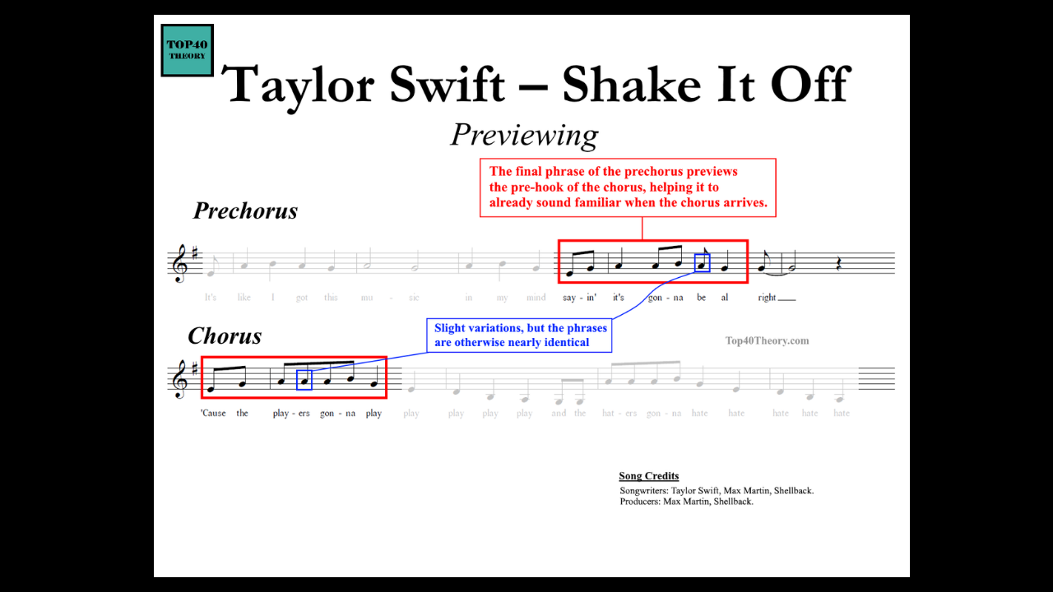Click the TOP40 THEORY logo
coord(188,50)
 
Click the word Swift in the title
coord(434,84)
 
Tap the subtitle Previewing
coord(524,135)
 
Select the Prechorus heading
coord(245,211)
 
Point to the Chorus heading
coord(225,336)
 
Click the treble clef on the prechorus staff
coord(179,263)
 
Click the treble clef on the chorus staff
coord(179,380)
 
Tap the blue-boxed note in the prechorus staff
coord(702,263)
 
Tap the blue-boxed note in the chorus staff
coord(304,380)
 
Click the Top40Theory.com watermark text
coord(767,340)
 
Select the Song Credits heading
coord(648,476)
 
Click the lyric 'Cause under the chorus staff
coord(213,414)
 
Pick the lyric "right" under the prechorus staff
coord(767,298)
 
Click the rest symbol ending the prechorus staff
coord(838,265)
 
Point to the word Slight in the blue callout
coord(451,328)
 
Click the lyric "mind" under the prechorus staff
coord(536,298)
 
